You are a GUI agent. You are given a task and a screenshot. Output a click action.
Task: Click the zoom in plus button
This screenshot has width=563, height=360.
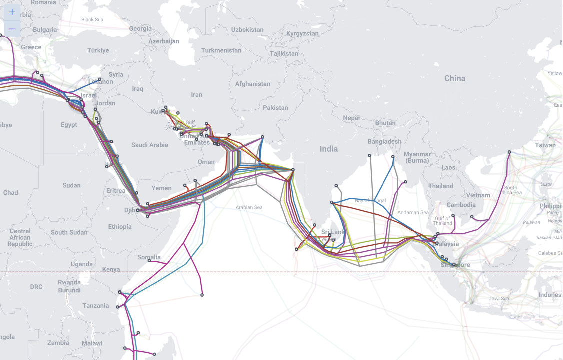12,12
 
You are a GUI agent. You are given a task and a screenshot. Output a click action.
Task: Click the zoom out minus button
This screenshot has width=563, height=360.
12,29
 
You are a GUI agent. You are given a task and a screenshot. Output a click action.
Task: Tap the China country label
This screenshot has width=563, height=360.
454,78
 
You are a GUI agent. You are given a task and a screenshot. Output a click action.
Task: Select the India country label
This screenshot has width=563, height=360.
328,149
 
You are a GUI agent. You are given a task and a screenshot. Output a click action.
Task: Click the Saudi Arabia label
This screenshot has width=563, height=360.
150,145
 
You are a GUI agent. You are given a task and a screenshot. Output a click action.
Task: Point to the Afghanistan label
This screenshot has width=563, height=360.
252,84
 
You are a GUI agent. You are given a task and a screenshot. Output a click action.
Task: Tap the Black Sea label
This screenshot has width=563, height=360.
92,20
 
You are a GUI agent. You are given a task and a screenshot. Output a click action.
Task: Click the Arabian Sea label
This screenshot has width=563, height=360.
249,207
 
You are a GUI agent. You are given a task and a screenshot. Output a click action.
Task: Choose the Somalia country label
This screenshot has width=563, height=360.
149,257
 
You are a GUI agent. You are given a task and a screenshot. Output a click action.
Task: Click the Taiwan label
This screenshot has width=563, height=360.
545,145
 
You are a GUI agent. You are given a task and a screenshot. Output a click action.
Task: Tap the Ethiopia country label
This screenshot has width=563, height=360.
120,227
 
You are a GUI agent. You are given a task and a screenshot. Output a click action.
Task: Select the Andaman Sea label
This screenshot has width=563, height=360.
413,212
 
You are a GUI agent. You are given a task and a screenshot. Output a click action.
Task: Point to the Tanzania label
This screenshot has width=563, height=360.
96,305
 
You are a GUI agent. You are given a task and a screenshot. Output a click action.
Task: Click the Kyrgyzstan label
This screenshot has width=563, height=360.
302,33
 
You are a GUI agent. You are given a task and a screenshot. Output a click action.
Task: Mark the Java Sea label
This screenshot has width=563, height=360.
498,298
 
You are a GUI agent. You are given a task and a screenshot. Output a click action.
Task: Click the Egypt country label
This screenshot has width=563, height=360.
69,125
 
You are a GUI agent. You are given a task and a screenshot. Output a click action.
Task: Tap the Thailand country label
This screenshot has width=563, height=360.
440,186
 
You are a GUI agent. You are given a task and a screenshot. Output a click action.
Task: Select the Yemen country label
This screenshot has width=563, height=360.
161,188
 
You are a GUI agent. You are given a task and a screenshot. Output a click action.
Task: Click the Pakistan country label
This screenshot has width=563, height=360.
275,107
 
